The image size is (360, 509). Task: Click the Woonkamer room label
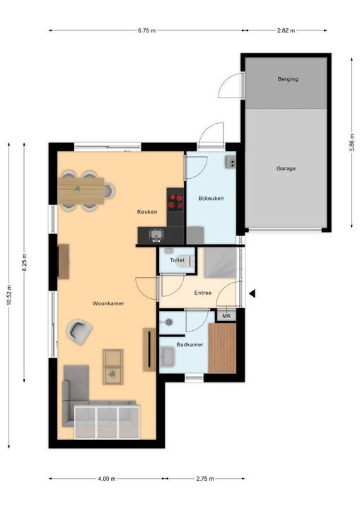108,303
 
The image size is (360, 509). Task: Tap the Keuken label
147,211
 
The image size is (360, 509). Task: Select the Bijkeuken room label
211,199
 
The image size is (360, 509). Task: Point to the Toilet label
177,260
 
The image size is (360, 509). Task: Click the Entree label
203,293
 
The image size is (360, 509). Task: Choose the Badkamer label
190,344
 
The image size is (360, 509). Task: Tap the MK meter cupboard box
226,315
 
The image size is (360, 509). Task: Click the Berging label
288,79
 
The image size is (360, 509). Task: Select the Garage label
286,168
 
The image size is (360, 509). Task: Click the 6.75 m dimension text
146,30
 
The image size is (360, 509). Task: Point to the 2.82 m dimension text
286,30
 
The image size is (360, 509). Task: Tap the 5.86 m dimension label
352,143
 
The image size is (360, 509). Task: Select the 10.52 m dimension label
9,295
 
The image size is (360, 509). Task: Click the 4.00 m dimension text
107,479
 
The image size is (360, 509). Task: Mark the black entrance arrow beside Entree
252,293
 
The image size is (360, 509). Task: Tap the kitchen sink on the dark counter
156,235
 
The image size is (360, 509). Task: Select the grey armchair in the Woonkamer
79,332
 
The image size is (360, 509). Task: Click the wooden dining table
81,191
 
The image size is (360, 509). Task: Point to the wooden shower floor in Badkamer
222,348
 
